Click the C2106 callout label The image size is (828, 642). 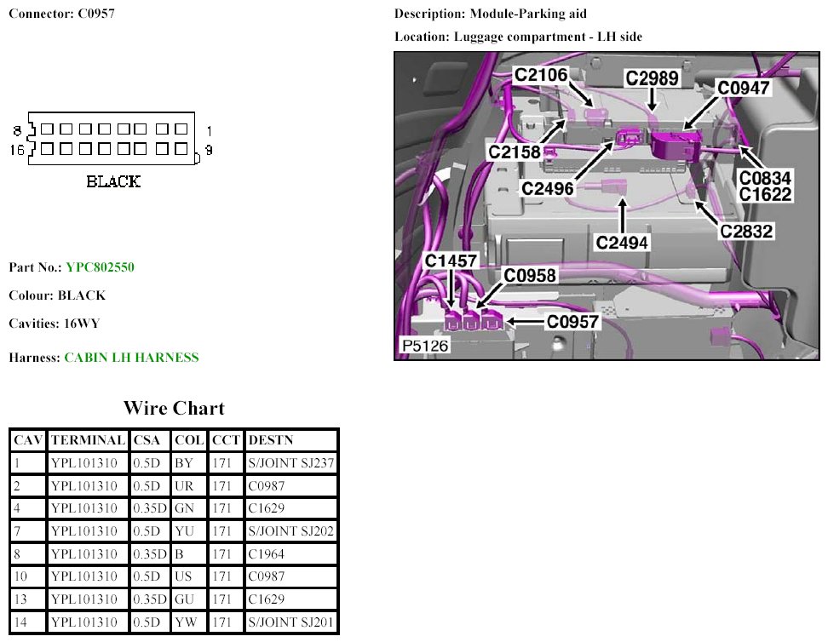(x=540, y=76)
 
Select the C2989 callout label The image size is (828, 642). (x=652, y=78)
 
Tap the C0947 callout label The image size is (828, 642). (x=743, y=88)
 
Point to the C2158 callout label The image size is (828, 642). (x=515, y=152)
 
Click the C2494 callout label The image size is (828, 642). (x=622, y=243)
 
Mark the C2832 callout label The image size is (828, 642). (x=746, y=231)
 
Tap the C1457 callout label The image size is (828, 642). (x=451, y=261)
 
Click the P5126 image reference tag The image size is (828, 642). (x=424, y=347)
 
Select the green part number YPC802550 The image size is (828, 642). (x=100, y=267)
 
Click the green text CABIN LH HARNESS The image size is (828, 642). (x=131, y=358)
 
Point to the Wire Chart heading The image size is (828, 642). (x=174, y=408)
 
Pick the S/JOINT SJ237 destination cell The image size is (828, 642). (x=290, y=463)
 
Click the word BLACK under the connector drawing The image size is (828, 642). (x=113, y=181)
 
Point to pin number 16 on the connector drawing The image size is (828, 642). (x=16, y=150)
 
